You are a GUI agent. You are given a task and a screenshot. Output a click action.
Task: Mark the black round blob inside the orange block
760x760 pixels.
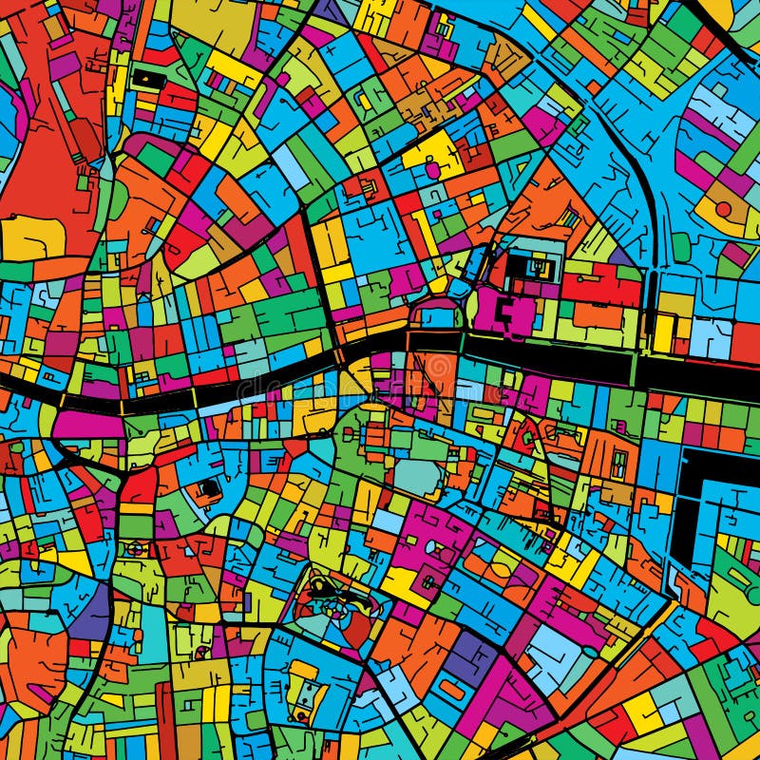coord(209,488)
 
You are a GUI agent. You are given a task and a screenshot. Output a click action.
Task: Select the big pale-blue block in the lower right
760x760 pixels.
coord(551,655)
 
